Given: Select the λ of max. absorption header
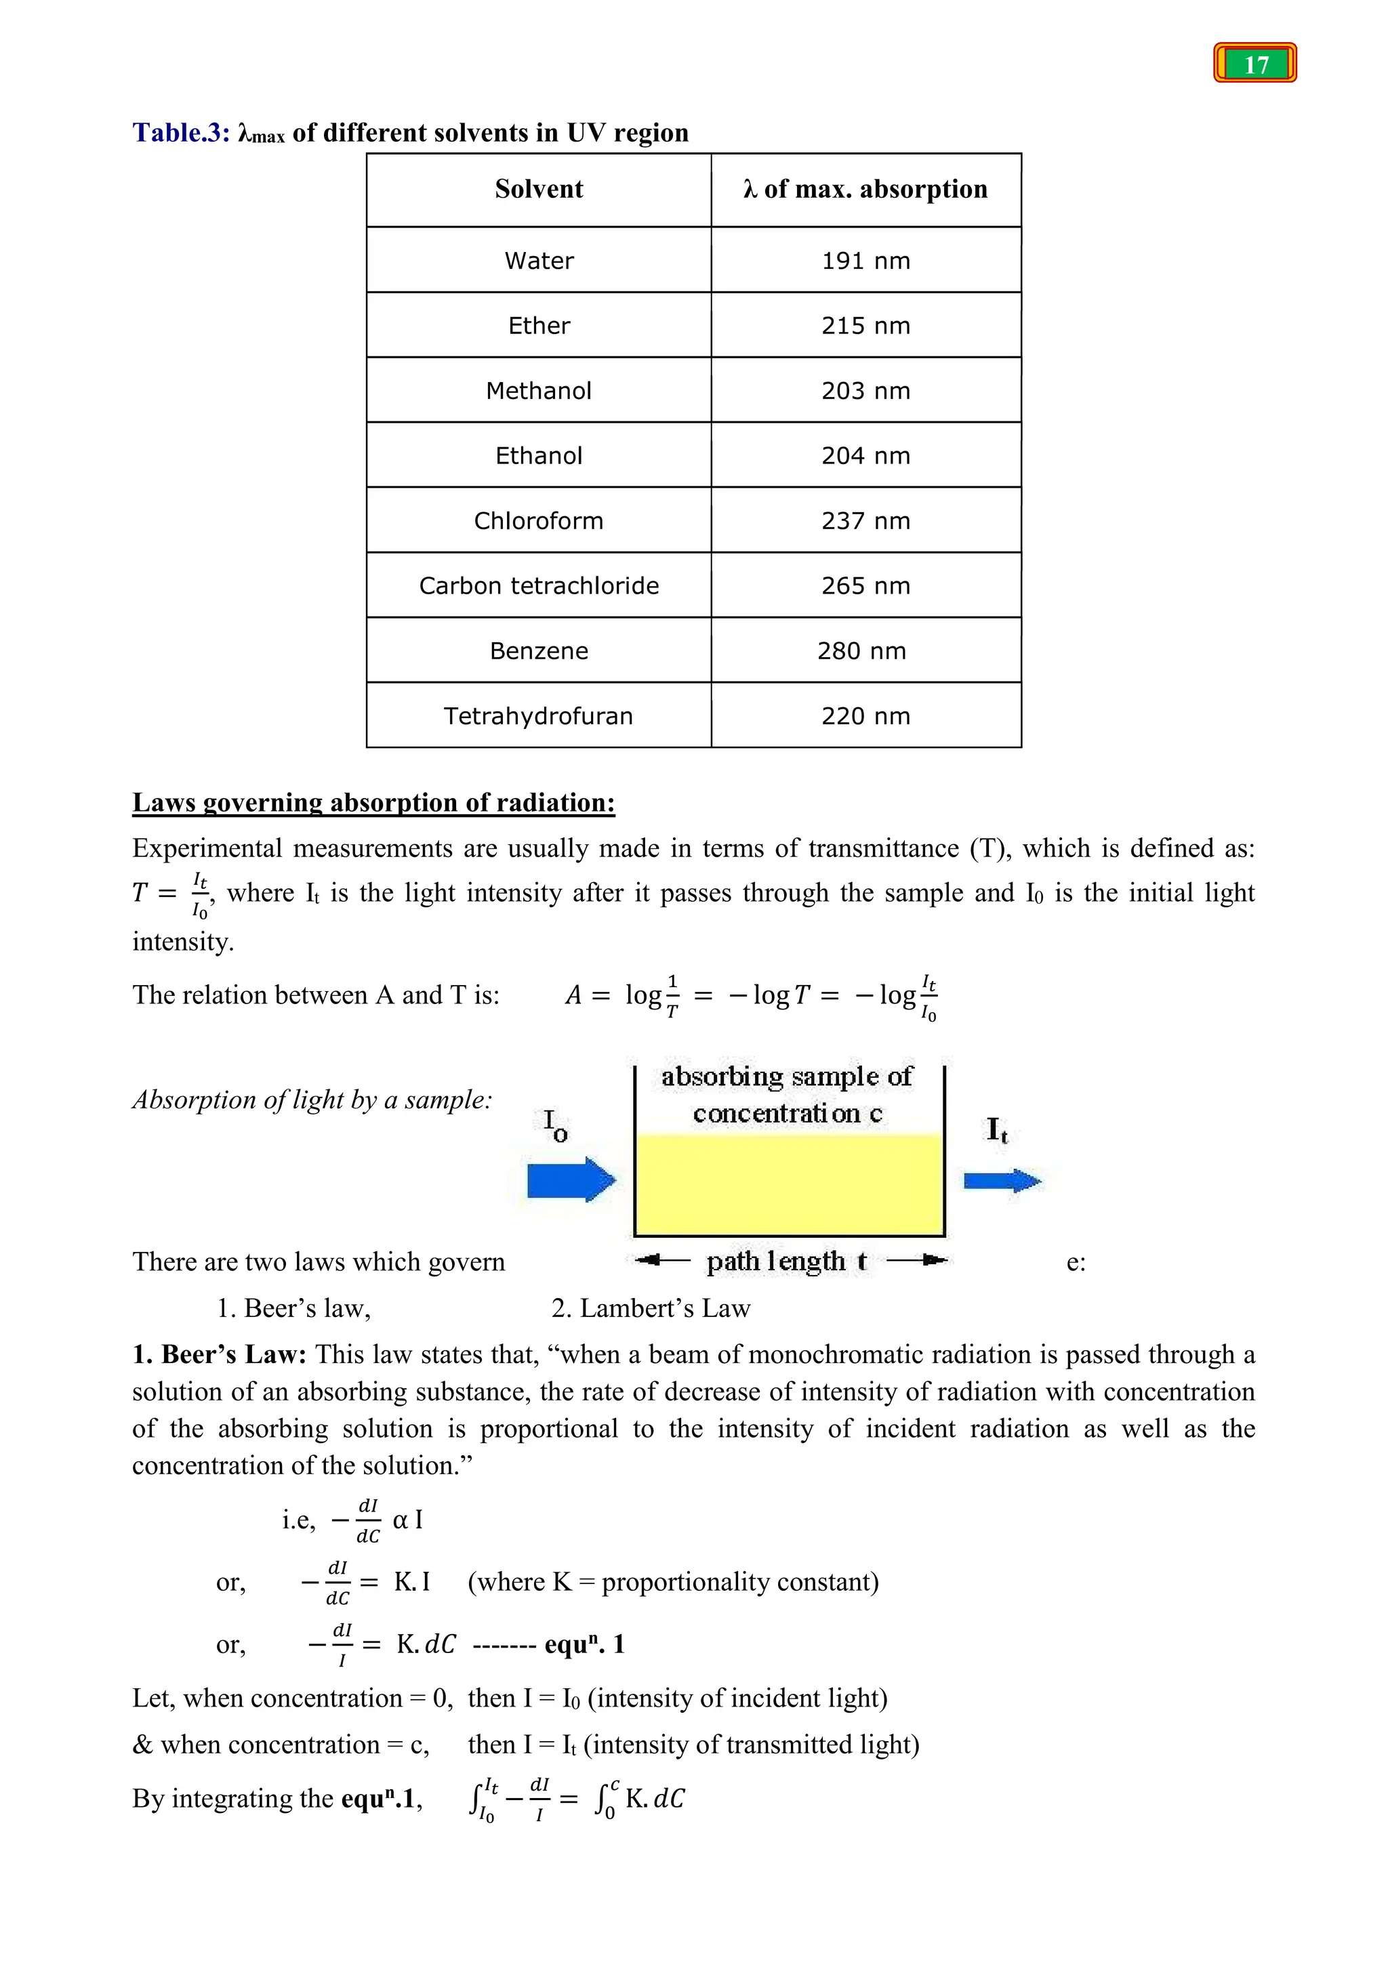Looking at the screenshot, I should (x=865, y=189).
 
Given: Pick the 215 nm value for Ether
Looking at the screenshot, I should (x=865, y=326).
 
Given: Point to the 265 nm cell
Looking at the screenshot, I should (x=865, y=585).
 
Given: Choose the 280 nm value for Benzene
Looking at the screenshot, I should (x=861, y=651).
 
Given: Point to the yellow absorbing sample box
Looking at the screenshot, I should (x=788, y=1184).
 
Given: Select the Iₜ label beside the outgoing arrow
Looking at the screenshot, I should (x=996, y=1129).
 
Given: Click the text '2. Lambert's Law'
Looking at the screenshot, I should (x=651, y=1308).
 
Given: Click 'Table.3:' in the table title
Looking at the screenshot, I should (x=181, y=133).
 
